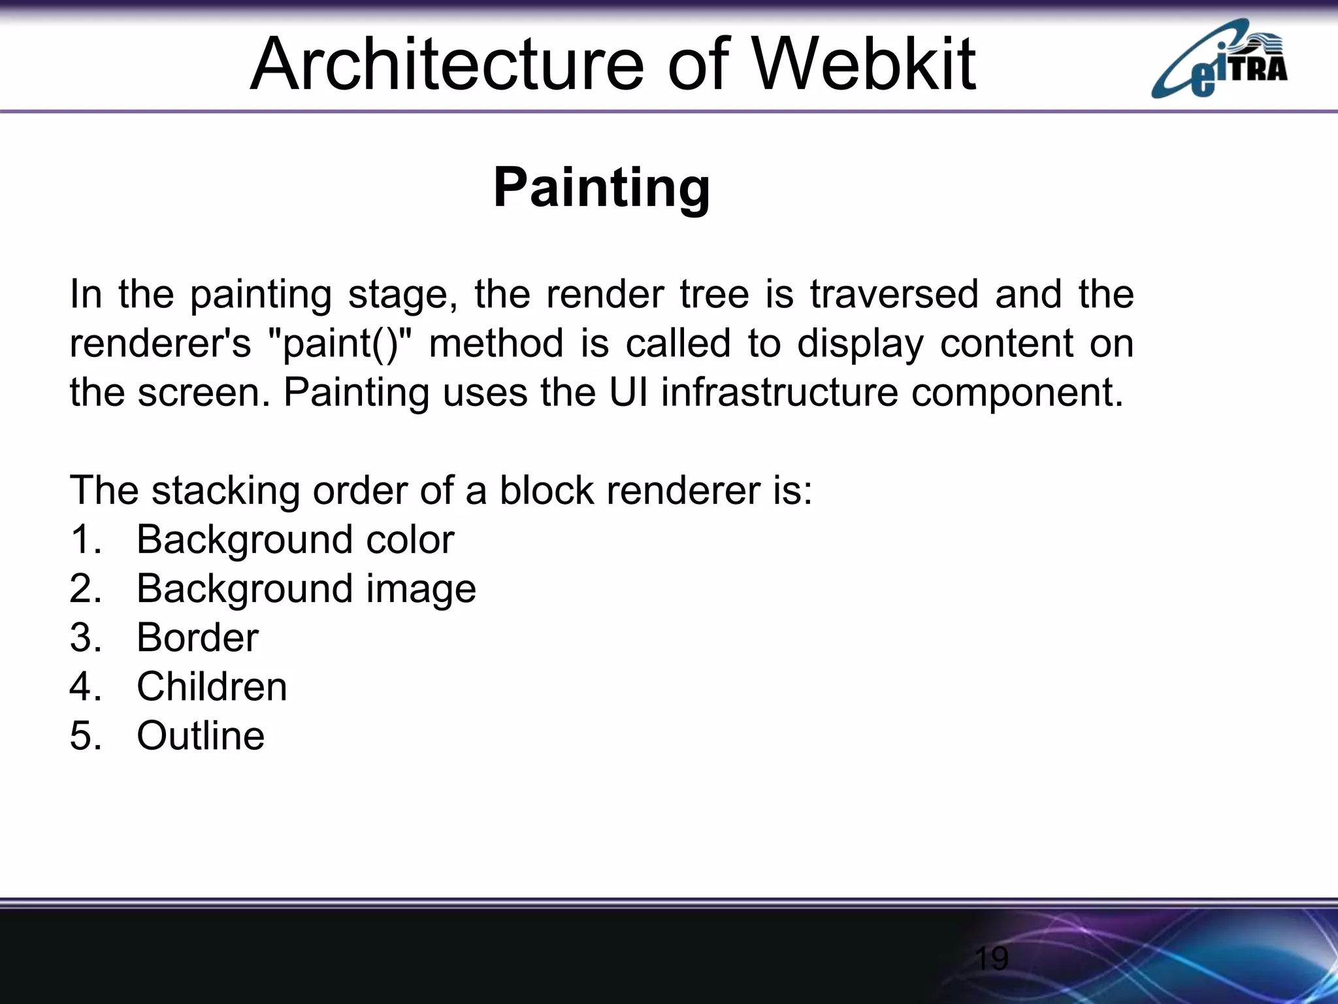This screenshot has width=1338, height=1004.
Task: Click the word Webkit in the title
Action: pyautogui.click(x=864, y=64)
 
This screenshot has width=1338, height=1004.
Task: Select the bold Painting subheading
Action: pyautogui.click(x=601, y=188)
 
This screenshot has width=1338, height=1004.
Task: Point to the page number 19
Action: pyautogui.click(x=991, y=959)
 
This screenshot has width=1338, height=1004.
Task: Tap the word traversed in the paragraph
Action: pyautogui.click(x=894, y=293)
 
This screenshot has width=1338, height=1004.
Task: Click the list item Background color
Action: pyautogui.click(x=295, y=540)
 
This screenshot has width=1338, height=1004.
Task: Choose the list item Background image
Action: pyautogui.click(x=306, y=589)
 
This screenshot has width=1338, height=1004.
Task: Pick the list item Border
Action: pyautogui.click(x=197, y=638)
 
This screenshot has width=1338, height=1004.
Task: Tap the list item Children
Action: pyautogui.click(x=212, y=687)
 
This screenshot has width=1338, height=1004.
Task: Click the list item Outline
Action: pyautogui.click(x=201, y=736)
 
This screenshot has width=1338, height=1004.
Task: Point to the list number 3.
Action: pyautogui.click(x=84, y=638)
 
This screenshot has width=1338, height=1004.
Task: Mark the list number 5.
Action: pyautogui.click(x=84, y=736)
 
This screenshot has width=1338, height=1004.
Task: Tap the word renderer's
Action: pyautogui.click(x=160, y=343)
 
